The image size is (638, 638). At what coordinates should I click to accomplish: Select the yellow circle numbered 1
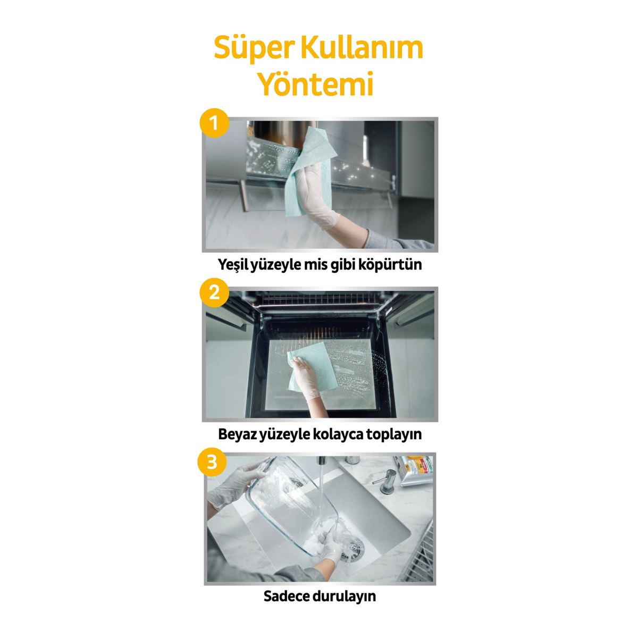pos(214,124)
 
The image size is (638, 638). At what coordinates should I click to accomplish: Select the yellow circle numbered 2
pos(214,292)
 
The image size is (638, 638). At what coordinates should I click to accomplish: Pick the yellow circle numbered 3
pos(212,461)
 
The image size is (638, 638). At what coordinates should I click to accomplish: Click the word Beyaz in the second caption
pos(237,434)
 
